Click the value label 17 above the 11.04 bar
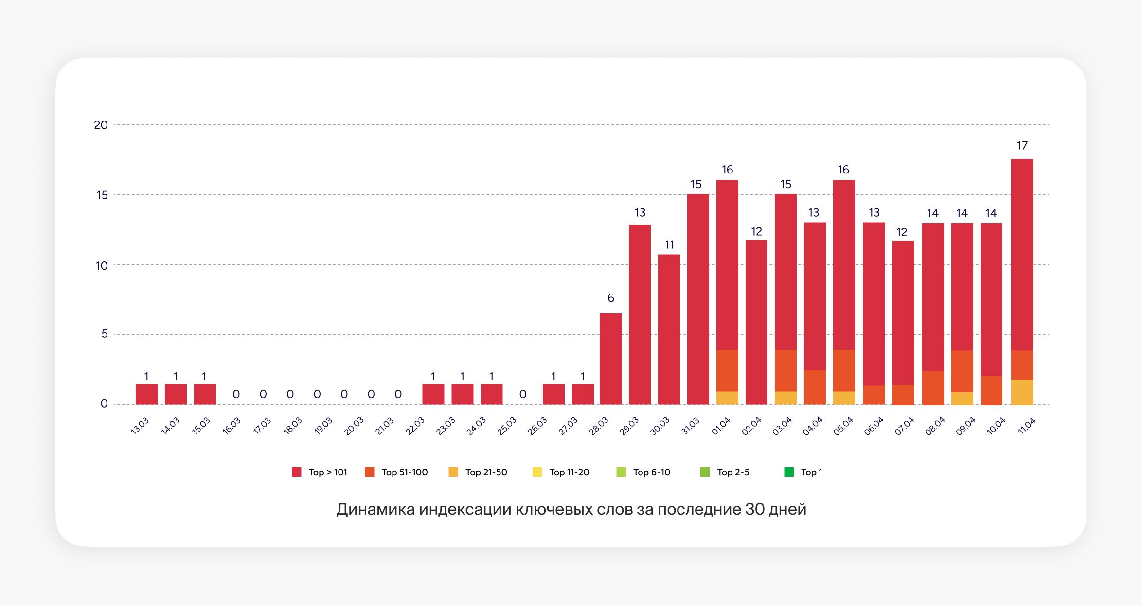pyautogui.click(x=1022, y=145)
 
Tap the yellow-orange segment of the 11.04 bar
pyautogui.click(x=1022, y=392)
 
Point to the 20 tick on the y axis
pyautogui.click(x=101, y=125)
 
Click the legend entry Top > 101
pyautogui.click(x=320, y=472)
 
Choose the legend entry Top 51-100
pyautogui.click(x=396, y=472)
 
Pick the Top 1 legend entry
pyautogui.click(x=803, y=472)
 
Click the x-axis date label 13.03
pyautogui.click(x=140, y=426)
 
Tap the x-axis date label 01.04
pyautogui.click(x=721, y=426)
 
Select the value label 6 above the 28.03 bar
pyautogui.click(x=610, y=298)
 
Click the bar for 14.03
pyautogui.click(x=176, y=394)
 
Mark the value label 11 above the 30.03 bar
pyautogui.click(x=669, y=244)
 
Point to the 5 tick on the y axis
pyautogui.click(x=104, y=334)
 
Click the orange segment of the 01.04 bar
pyautogui.click(x=727, y=370)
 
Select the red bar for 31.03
pyautogui.click(x=698, y=299)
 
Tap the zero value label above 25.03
pyautogui.click(x=523, y=394)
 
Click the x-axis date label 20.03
pyautogui.click(x=354, y=426)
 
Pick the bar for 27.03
pyautogui.click(x=583, y=394)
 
